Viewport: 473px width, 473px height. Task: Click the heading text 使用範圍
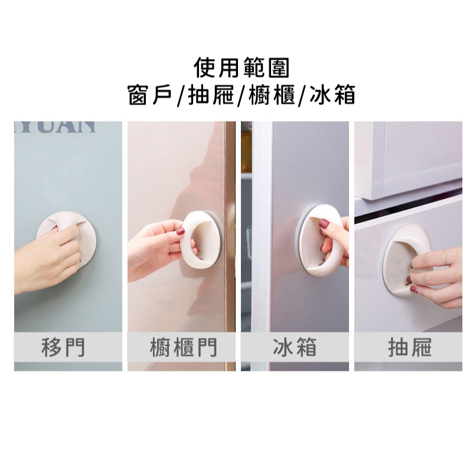[242, 68]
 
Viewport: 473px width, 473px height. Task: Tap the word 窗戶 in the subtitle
[150, 95]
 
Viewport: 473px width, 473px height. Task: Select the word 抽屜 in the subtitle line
[211, 95]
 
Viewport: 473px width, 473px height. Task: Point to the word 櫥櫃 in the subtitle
[272, 95]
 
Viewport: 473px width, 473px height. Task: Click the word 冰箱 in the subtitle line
[332, 95]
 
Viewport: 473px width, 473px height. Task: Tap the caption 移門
[63, 347]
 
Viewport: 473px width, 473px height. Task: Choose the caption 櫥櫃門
[184, 347]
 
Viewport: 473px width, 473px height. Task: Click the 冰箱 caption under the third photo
[295, 347]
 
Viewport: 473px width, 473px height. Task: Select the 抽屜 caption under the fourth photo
[410, 347]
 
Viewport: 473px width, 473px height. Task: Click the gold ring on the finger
[446, 257]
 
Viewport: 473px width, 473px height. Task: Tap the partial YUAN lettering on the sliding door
[55, 127]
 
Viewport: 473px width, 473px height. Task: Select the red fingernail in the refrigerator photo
[325, 224]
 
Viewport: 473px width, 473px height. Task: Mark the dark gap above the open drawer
[408, 206]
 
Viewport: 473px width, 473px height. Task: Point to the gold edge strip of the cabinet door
[230, 226]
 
